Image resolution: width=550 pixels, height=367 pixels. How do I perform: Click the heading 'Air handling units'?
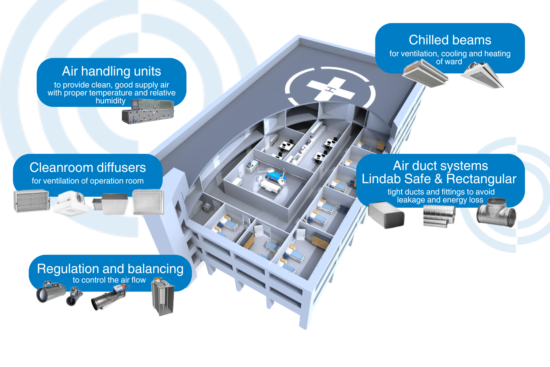tap(112, 71)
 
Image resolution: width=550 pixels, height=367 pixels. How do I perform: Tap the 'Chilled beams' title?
tap(450, 40)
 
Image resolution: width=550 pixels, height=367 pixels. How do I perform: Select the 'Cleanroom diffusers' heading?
tap(88, 168)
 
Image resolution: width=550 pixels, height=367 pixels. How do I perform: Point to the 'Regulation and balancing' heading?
tap(110, 269)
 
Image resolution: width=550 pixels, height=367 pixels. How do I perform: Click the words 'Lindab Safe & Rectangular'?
tap(439, 179)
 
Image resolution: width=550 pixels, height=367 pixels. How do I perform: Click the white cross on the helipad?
tap(331, 89)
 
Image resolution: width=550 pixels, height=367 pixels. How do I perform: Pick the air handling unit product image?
tap(148, 112)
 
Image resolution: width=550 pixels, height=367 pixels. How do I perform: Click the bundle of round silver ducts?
tap(439, 216)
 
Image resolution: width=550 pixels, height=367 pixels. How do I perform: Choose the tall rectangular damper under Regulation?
tap(163, 297)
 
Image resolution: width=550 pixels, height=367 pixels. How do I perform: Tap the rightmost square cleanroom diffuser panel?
tap(148, 202)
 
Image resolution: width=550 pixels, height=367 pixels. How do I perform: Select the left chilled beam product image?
tap(424, 73)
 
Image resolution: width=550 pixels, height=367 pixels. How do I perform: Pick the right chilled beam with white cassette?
tap(482, 75)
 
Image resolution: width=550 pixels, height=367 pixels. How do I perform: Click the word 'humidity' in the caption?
tap(110, 101)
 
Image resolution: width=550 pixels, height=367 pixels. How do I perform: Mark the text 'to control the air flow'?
tap(109, 280)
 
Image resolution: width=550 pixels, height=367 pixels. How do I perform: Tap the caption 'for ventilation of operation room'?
tap(88, 181)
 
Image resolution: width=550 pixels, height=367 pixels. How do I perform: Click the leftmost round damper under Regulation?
tap(50, 292)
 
